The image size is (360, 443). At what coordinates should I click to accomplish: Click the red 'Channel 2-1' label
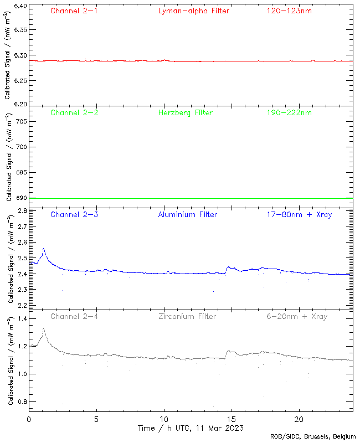pyautogui.click(x=74, y=11)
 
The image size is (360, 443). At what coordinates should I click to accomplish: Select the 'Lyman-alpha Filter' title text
pyautogui.click(x=193, y=11)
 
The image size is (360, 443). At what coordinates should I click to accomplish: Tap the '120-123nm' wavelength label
pyautogui.click(x=289, y=11)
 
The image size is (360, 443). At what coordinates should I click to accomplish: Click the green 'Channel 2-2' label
pyautogui.click(x=74, y=112)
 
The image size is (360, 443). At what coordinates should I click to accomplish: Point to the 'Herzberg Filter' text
pyautogui.click(x=185, y=112)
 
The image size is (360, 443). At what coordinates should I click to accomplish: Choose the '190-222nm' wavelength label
pyautogui.click(x=289, y=112)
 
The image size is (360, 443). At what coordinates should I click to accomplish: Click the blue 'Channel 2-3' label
pyautogui.click(x=74, y=214)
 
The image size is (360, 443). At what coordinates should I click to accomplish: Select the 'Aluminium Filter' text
pyautogui.click(x=188, y=214)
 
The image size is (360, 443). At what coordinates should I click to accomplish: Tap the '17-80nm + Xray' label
pyautogui.click(x=299, y=214)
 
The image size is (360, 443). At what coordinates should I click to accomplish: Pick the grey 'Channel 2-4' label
pyautogui.click(x=74, y=316)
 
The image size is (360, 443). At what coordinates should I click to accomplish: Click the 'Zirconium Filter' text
pyautogui.click(x=187, y=316)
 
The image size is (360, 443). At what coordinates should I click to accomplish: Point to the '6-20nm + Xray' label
pyautogui.click(x=296, y=316)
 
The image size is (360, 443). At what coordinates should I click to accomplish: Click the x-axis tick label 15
pyautogui.click(x=232, y=419)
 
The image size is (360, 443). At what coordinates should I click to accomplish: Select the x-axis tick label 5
pyautogui.click(x=96, y=419)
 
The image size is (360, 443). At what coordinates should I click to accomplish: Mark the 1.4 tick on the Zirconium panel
pyautogui.click(x=22, y=319)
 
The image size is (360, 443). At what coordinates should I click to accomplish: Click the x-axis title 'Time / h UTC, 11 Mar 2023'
pyautogui.click(x=191, y=428)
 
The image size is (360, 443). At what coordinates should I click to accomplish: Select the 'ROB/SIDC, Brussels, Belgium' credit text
pyautogui.click(x=313, y=437)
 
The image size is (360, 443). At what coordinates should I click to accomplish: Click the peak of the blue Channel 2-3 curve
pyautogui.click(x=43, y=249)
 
